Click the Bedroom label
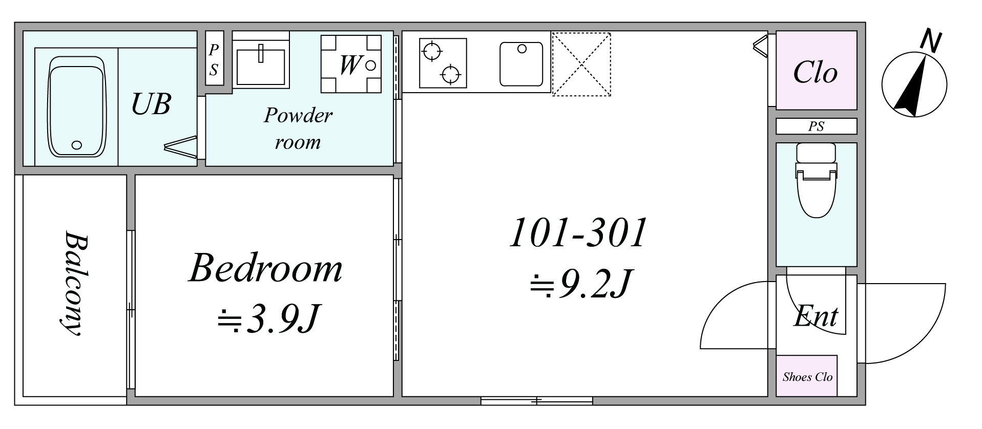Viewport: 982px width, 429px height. [265, 267]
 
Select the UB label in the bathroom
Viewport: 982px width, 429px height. [151, 104]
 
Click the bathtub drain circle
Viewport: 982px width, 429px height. [77, 145]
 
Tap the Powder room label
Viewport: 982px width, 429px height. [298, 128]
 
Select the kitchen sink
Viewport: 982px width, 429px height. [521, 63]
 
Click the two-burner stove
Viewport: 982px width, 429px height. [443, 63]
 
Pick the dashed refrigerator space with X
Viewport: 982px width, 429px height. [581, 65]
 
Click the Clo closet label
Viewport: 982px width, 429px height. [815, 73]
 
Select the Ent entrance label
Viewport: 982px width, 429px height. [816, 316]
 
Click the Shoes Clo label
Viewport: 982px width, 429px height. [807, 377]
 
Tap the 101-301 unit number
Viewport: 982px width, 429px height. [579, 233]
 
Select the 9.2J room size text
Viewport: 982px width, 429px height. [579, 283]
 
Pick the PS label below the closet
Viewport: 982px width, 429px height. [816, 126]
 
